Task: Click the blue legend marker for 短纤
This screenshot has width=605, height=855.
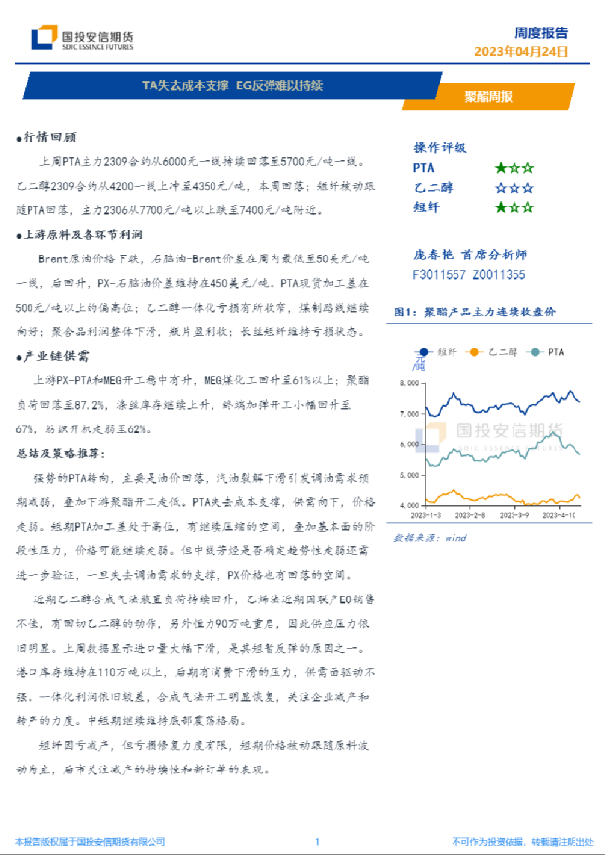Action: (424, 351)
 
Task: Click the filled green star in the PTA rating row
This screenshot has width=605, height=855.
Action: (500, 168)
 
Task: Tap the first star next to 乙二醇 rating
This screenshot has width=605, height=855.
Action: (500, 188)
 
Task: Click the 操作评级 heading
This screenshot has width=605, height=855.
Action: (440, 147)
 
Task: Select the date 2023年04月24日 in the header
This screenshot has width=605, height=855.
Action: (520, 51)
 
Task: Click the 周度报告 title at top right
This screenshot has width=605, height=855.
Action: (553, 31)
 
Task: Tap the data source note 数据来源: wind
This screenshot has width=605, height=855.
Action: (429, 539)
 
